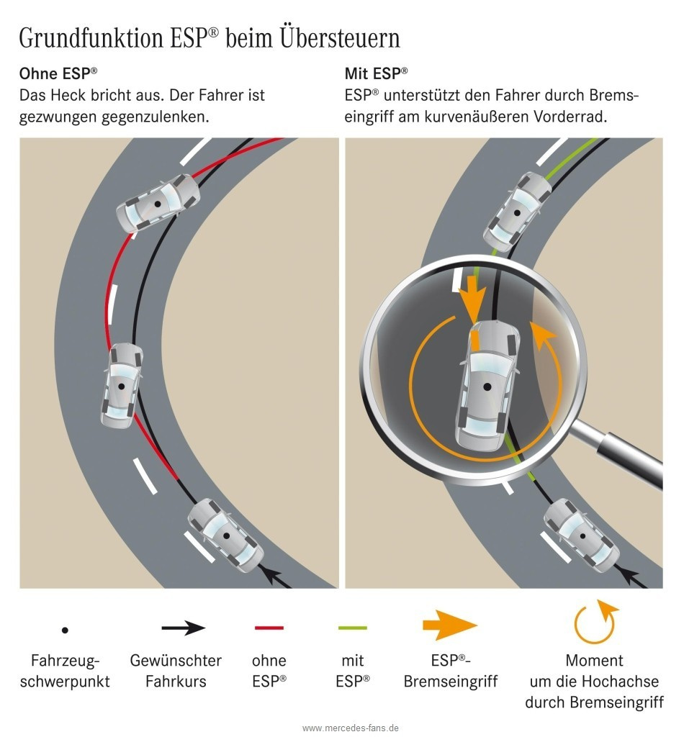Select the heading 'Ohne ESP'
coord(58,74)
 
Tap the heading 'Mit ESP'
coord(376,74)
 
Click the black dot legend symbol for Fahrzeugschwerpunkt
coord(65,630)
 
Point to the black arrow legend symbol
coord(184,628)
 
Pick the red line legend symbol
coord(269,628)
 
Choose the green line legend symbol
coord(353,628)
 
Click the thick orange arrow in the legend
coord(450,625)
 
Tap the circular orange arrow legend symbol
coord(595,622)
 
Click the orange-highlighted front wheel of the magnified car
coord(475,340)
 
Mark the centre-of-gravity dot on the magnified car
coord(487,386)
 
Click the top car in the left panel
coord(158,204)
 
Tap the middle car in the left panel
coord(122,386)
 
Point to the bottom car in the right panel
coord(582,535)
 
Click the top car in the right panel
coord(518,212)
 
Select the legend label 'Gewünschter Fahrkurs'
coord(176,671)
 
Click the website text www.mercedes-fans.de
coord(351,728)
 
